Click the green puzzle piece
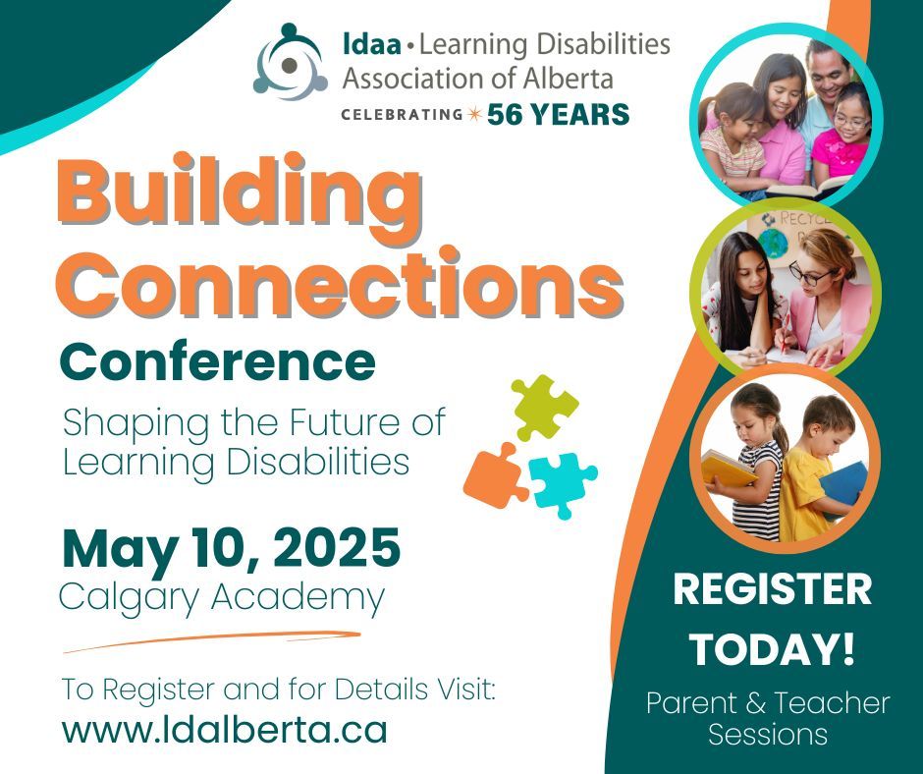[x=543, y=406]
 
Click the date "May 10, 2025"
[x=231, y=548]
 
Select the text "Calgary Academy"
[x=221, y=596]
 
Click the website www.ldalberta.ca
[x=224, y=730]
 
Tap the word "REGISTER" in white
[x=772, y=589]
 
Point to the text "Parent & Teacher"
[x=768, y=703]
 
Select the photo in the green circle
[x=786, y=291]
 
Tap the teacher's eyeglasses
[x=813, y=275]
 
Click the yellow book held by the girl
[x=725, y=466]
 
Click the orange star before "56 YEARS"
[x=474, y=115]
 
